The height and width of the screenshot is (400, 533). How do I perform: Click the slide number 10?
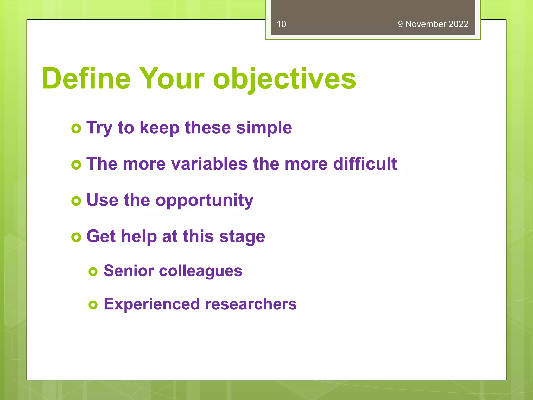(281, 24)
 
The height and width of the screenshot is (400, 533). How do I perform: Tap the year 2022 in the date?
(458, 24)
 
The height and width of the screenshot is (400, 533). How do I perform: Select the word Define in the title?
(86, 78)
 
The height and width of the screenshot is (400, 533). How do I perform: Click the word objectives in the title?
(284, 79)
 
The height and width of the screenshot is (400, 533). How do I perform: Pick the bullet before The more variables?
(76, 165)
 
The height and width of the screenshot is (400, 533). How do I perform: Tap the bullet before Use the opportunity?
(76, 201)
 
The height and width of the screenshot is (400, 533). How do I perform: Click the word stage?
(242, 237)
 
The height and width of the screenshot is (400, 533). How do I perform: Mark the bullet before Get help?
(76, 237)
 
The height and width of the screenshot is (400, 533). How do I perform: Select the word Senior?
(129, 271)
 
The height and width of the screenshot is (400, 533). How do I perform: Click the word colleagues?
(200, 271)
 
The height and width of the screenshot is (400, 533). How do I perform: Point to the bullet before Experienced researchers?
(93, 305)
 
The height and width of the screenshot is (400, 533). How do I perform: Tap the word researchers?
(251, 304)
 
